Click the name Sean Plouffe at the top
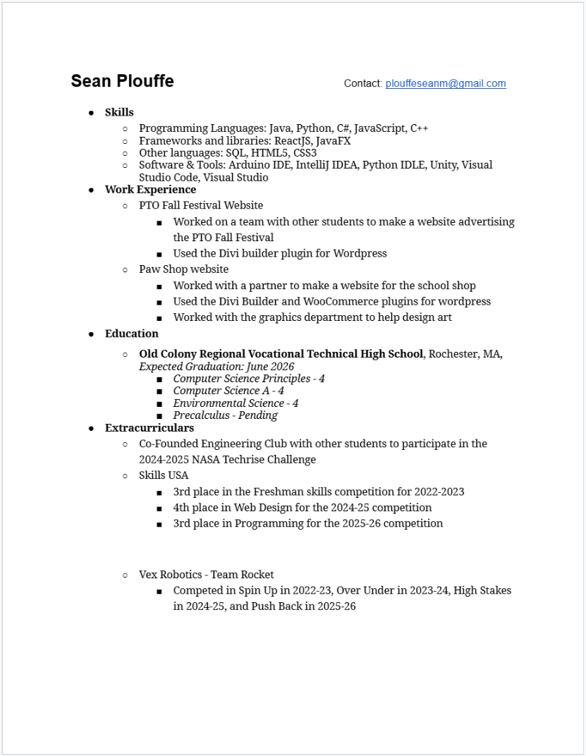[122, 81]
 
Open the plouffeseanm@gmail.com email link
[445, 83]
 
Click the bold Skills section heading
[119, 112]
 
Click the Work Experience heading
[150, 189]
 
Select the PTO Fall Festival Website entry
[201, 205]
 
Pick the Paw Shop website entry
[183, 269]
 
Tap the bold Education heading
[131, 334]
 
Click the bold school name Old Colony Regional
[281, 353]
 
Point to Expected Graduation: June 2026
[216, 367]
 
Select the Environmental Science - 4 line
[236, 403]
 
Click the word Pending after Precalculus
[258, 415]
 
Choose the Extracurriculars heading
[149, 427]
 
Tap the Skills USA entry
[164, 475]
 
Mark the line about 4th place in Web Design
[302, 507]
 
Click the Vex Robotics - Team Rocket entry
[206, 574]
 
